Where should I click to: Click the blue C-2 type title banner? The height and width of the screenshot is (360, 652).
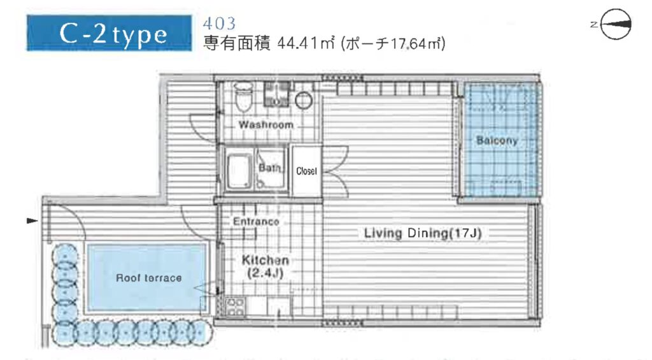[x=110, y=33]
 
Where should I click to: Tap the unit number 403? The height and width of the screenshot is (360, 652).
[x=219, y=24]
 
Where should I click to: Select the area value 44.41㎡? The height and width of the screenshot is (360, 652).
[x=306, y=43]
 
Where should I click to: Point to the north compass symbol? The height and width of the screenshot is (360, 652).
[x=612, y=24]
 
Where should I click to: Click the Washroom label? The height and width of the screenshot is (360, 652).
[x=266, y=124]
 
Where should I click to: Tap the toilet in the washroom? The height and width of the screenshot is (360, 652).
[x=243, y=97]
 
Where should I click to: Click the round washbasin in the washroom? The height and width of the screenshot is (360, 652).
[x=304, y=100]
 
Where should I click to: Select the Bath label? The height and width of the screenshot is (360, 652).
[x=269, y=168]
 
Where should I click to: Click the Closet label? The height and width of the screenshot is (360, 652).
[x=306, y=171]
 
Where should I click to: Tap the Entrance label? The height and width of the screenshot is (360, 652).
[x=256, y=221]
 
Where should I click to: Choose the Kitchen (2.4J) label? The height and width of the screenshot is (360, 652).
[x=266, y=266]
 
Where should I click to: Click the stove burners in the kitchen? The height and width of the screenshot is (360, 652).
[x=235, y=307]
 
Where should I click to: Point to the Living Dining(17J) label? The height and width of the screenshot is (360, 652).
[x=423, y=233]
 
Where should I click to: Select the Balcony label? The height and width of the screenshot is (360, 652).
[x=497, y=140]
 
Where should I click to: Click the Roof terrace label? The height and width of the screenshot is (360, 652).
[x=149, y=278]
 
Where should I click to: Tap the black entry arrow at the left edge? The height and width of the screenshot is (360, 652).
[x=32, y=220]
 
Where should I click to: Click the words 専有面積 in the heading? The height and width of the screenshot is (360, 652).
[x=237, y=43]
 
